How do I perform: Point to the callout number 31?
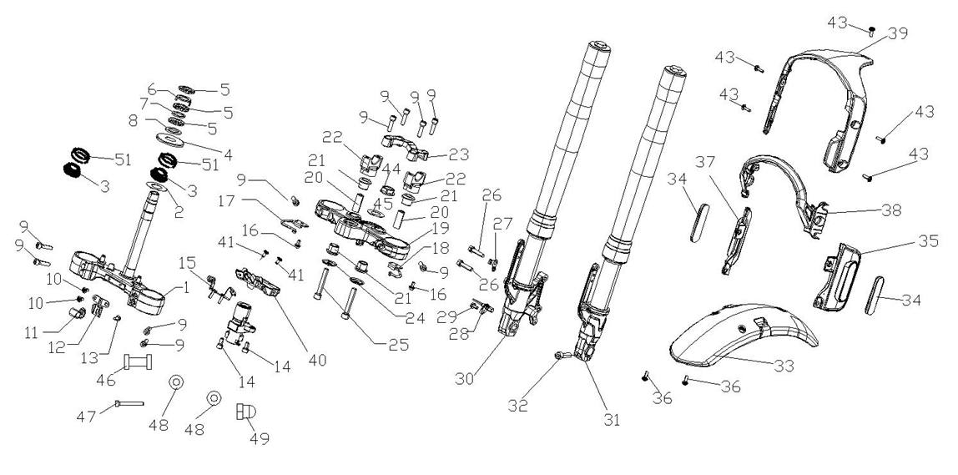pos(613,420)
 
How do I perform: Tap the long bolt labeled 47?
pos(130,404)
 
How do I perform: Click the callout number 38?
pos(890,211)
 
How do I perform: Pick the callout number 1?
pos(186,289)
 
